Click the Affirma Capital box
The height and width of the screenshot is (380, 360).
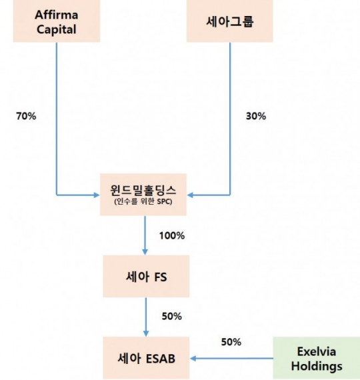click(57, 21)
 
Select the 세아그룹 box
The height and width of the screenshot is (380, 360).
click(229, 21)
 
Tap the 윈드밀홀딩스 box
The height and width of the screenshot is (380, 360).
click(143, 195)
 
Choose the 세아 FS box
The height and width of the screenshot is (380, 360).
click(146, 276)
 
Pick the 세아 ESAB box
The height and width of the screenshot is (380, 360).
click(146, 358)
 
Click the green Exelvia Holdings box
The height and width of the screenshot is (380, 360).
click(317, 358)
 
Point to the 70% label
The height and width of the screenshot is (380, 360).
click(26, 116)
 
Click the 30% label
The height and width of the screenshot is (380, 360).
click(256, 116)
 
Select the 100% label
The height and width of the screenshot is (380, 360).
click(172, 235)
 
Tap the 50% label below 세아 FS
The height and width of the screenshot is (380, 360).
click(172, 316)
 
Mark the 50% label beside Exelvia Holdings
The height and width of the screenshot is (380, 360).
click(231, 342)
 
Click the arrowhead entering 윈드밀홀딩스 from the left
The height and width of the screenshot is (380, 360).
click(97, 195)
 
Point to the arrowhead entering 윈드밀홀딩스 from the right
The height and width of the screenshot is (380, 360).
click(190, 195)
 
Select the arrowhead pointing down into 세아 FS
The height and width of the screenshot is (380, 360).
click(145, 252)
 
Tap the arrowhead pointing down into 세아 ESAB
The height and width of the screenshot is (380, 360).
click(146, 333)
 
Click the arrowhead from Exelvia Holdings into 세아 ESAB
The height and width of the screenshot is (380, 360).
click(193, 358)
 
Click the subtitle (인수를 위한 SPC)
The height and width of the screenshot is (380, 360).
click(143, 201)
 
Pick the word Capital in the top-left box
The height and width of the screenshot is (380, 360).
click(57, 29)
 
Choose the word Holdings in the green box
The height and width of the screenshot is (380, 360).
click(317, 366)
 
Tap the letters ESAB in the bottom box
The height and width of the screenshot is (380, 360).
click(161, 359)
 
